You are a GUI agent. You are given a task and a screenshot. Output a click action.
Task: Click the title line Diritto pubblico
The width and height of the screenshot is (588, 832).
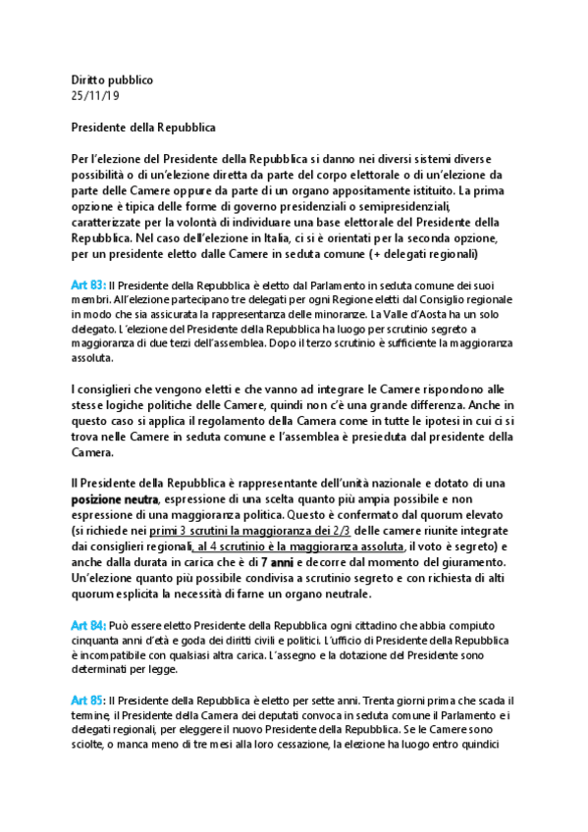tap(112, 78)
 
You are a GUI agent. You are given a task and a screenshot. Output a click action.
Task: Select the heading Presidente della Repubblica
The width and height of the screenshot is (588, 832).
tap(143, 127)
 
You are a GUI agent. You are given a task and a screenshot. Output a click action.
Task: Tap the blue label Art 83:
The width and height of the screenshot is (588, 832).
tap(87, 284)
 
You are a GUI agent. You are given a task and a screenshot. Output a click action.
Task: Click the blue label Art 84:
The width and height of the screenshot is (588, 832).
tap(87, 625)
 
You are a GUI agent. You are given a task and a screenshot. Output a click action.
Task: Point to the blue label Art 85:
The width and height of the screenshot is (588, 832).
tap(87, 700)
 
